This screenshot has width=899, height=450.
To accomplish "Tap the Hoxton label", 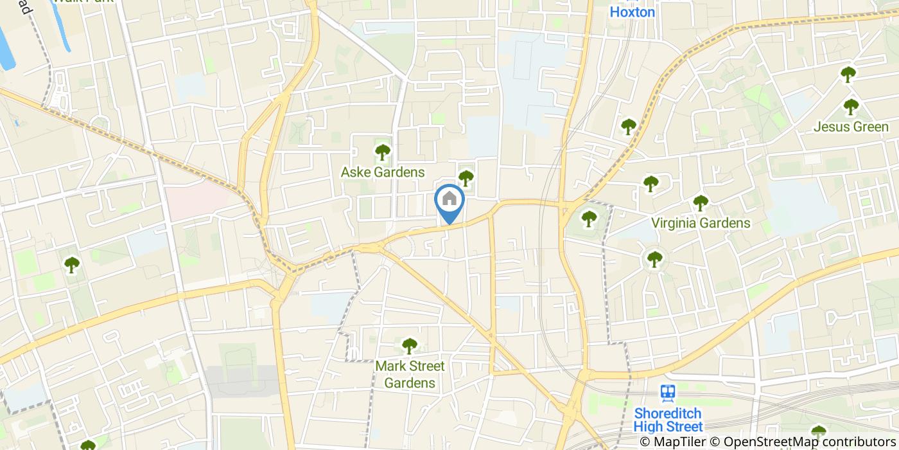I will click(x=632, y=12).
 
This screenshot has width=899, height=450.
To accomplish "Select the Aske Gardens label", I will click(x=383, y=172).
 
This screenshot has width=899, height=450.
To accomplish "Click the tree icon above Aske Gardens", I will click(x=383, y=152).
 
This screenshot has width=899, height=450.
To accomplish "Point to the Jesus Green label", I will click(x=851, y=127).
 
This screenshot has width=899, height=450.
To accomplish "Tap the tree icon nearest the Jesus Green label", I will click(x=851, y=107).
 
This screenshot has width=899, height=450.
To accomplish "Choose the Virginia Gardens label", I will click(x=701, y=223).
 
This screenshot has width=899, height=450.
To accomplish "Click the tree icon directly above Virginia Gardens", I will click(x=701, y=203).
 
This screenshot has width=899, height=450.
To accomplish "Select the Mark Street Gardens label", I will click(x=410, y=375).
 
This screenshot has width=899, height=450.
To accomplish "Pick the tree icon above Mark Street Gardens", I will click(x=410, y=346).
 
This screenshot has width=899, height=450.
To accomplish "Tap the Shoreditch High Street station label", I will click(x=668, y=420).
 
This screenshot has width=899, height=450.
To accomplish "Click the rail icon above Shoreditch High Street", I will click(x=668, y=393).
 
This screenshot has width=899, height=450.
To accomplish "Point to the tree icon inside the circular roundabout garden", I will click(x=654, y=259).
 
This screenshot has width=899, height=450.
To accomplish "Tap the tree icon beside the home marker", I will click(x=466, y=178).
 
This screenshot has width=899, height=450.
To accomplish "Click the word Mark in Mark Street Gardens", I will click(x=390, y=366).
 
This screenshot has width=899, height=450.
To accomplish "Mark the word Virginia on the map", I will click(x=674, y=223).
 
